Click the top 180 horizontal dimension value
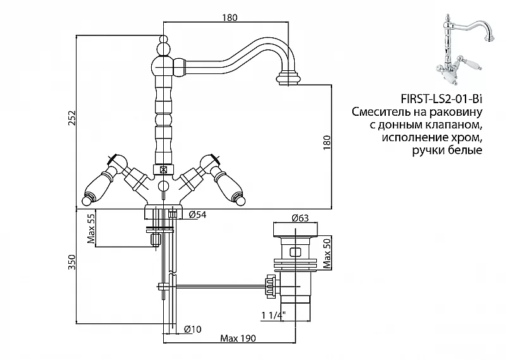pyautogui.click(x=230, y=18)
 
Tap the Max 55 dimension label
pyautogui.click(x=90, y=228)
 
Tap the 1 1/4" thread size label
pyautogui.click(x=273, y=314)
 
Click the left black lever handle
pyautogui.click(x=99, y=189)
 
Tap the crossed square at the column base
pyautogui.click(x=164, y=170)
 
